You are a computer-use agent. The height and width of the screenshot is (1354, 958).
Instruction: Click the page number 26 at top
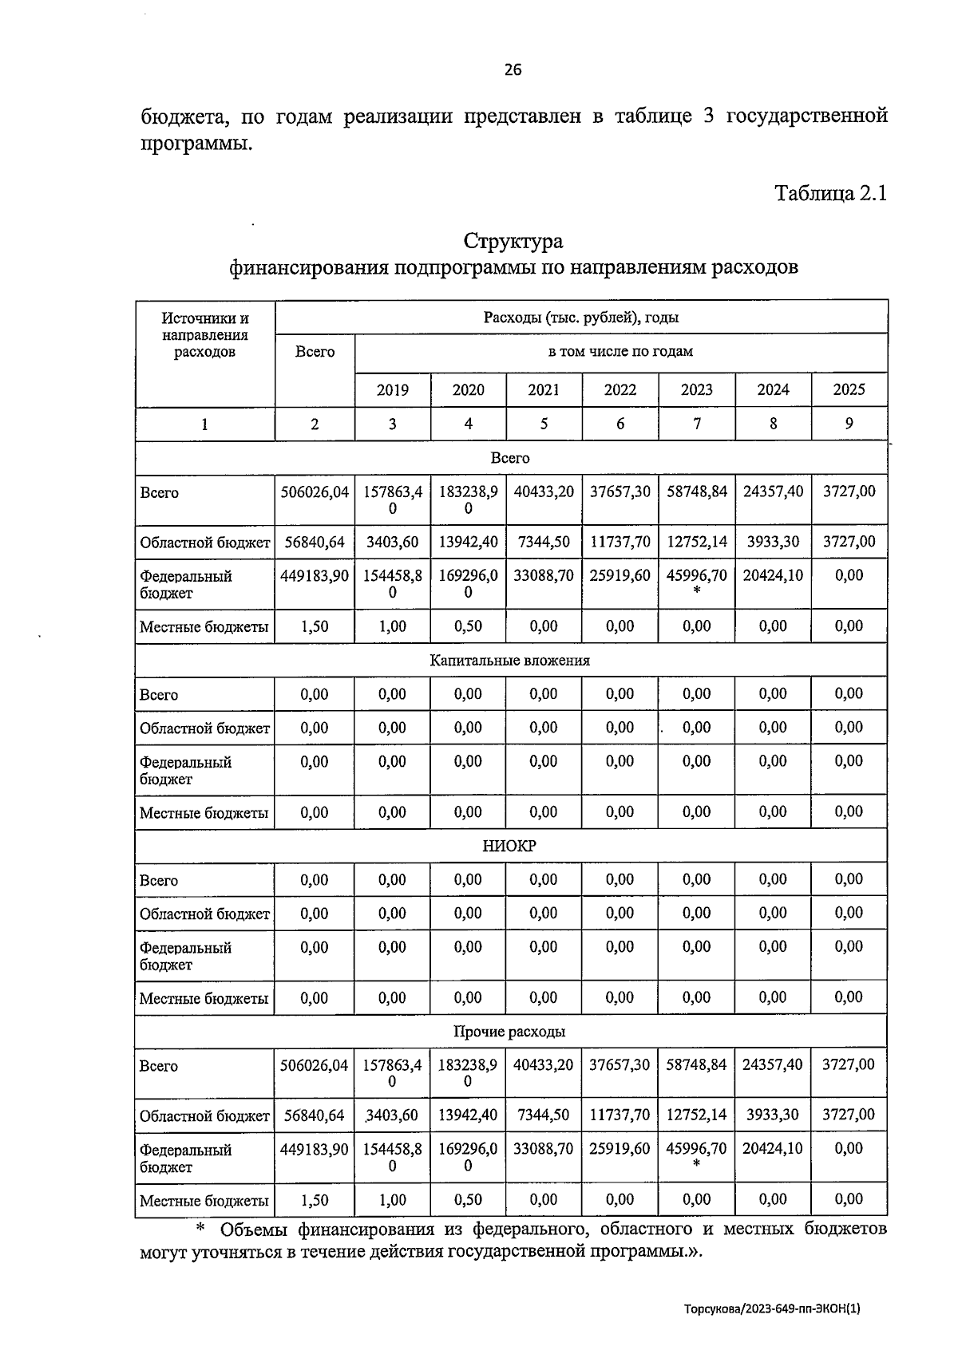513,70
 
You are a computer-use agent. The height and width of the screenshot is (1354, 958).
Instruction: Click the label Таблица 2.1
830,193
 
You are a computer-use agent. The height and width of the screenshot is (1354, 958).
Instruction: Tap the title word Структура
513,241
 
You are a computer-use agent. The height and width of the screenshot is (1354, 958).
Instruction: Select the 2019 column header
392,390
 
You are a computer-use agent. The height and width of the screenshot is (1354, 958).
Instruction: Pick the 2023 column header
696,390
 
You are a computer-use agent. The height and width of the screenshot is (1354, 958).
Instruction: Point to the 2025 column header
849,390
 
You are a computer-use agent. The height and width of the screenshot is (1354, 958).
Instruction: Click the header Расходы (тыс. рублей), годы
580,318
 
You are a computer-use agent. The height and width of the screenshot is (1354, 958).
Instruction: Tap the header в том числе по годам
620,352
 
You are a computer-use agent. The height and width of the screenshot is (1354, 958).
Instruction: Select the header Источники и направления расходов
204,335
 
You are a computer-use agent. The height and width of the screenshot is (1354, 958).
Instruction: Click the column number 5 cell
544,424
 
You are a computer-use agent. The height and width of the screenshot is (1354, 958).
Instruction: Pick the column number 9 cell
849,424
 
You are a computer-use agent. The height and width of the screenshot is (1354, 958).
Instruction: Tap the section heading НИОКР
509,846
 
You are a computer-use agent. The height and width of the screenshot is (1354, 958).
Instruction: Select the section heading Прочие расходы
509,1032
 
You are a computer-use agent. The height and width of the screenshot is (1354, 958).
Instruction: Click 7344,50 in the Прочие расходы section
544,1115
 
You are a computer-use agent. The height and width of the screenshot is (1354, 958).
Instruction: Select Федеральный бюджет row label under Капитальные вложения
185,771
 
